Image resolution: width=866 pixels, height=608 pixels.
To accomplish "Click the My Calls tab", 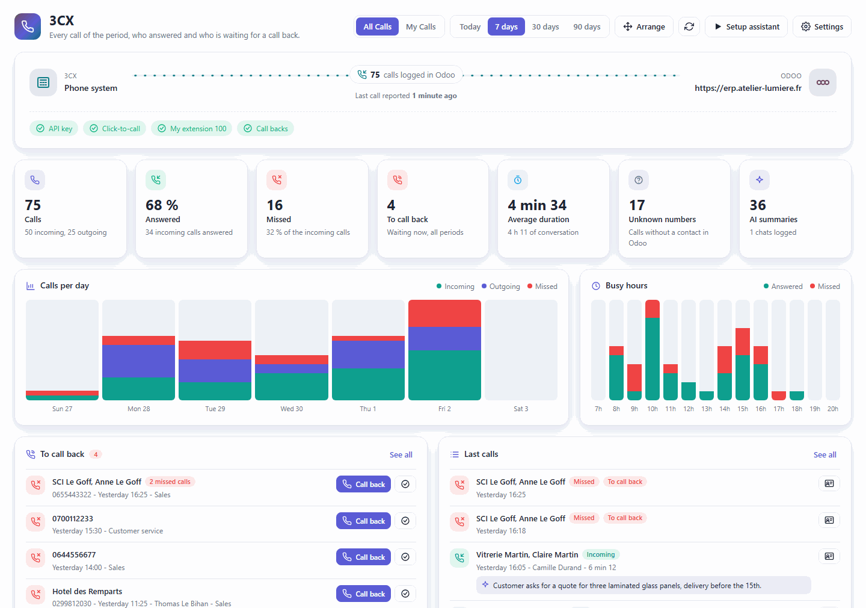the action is (x=420, y=26).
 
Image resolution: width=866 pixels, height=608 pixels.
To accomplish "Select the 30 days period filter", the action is (x=545, y=26).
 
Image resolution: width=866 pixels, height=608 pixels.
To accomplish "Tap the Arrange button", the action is (x=644, y=26).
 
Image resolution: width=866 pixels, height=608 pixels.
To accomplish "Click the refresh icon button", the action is (x=689, y=26).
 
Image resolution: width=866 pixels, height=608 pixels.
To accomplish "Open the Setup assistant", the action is (x=746, y=26).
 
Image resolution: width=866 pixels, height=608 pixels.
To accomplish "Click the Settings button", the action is (x=822, y=26).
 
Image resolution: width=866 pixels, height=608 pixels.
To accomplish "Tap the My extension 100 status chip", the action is (x=192, y=128).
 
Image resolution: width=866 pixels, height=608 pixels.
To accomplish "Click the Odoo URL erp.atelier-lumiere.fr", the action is (x=748, y=88).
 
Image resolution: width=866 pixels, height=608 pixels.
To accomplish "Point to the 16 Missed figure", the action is (x=274, y=205).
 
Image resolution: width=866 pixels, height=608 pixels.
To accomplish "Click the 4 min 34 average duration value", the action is (x=537, y=205).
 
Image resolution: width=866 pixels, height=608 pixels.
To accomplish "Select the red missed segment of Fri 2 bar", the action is (x=444, y=314).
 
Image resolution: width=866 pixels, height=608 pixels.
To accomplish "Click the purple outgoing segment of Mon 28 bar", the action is (x=138, y=361).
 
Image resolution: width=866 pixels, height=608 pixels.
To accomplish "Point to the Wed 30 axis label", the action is (x=292, y=409).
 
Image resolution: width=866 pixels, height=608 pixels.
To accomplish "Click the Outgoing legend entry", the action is (x=500, y=287).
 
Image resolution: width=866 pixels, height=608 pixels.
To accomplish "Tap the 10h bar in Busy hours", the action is (x=652, y=350).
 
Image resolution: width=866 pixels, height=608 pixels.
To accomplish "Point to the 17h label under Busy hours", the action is (x=779, y=409).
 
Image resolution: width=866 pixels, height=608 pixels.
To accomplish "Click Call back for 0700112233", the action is (x=363, y=521).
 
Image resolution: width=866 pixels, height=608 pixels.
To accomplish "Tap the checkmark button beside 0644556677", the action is (x=405, y=557).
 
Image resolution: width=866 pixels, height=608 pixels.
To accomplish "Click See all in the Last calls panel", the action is (x=825, y=454).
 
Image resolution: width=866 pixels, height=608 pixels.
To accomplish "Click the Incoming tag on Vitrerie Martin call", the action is (x=601, y=554).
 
